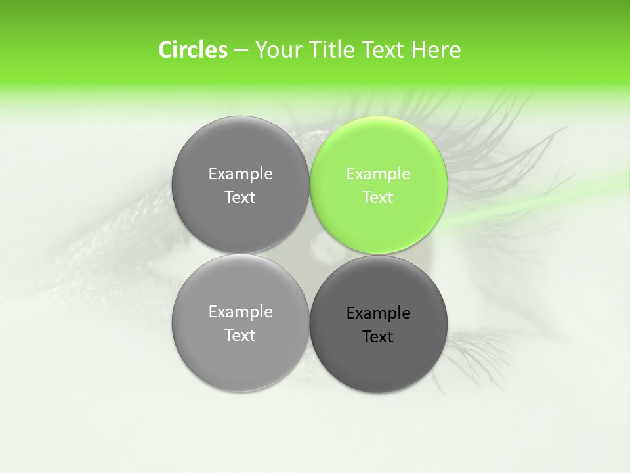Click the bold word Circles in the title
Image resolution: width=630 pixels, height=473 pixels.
click(x=192, y=50)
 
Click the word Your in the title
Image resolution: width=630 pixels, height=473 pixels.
click(x=276, y=50)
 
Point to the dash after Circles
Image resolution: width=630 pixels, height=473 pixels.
click(x=241, y=51)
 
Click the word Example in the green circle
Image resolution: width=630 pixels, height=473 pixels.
click(x=378, y=174)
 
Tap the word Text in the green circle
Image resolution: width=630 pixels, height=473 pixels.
click(x=378, y=198)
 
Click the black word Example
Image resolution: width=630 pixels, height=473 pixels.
click(x=378, y=313)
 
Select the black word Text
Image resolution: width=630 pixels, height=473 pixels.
click(x=378, y=337)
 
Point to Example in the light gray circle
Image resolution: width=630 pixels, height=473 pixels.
click(x=240, y=312)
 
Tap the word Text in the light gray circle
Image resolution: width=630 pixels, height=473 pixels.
click(x=240, y=336)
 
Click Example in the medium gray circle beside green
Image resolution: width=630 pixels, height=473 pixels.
click(x=240, y=174)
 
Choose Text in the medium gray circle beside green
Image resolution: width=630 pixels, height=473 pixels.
click(x=240, y=198)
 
